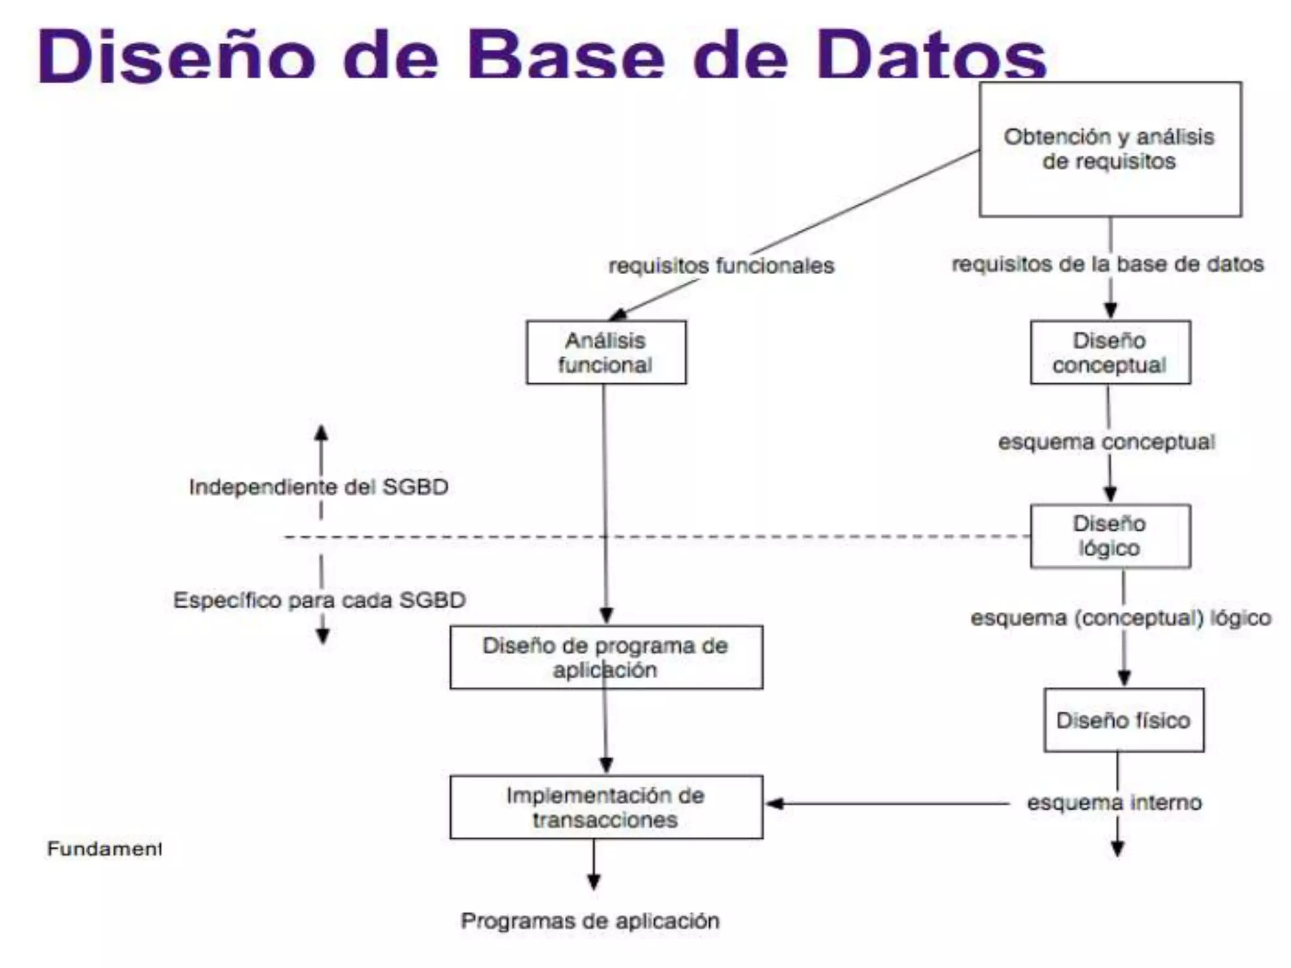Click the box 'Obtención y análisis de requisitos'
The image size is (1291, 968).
click(1109, 149)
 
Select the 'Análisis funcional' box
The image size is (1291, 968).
click(606, 352)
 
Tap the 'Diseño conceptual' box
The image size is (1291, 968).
click(1110, 352)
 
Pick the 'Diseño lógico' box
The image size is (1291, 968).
click(1110, 536)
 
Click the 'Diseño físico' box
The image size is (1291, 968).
click(1123, 720)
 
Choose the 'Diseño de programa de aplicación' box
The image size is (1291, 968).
click(606, 657)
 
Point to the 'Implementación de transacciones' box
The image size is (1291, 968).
click(606, 807)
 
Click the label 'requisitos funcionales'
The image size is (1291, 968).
click(721, 265)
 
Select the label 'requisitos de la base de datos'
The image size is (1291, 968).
click(1108, 264)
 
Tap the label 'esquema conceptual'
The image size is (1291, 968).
click(1106, 442)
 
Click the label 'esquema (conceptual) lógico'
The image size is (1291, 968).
click(1121, 618)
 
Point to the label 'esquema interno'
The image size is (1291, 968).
click(1114, 802)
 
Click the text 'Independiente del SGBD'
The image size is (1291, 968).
click(319, 487)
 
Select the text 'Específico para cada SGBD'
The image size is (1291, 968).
click(320, 600)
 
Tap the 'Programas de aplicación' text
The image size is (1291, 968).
click(590, 921)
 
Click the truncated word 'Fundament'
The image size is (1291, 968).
click(104, 849)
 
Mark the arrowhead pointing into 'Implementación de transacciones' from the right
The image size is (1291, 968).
click(774, 804)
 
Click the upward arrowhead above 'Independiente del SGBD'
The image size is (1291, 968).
click(321, 432)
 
